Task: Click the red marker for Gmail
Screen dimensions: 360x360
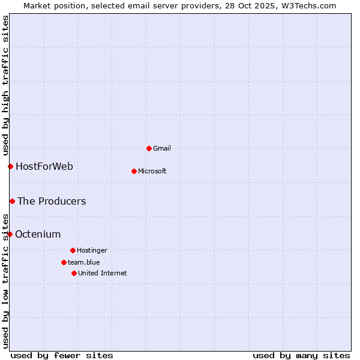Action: [x=149, y=148]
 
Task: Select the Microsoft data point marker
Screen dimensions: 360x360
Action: [x=134, y=171]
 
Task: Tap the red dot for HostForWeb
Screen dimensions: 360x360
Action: [x=10, y=166]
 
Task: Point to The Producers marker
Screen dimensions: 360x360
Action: [x=12, y=201]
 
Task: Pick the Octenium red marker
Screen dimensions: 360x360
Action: [x=10, y=234]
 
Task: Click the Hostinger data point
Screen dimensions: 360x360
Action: [x=73, y=250]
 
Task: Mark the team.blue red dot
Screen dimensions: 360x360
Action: [x=64, y=262]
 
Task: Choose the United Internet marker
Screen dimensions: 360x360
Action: [x=74, y=273]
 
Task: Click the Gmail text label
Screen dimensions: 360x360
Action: [x=162, y=148]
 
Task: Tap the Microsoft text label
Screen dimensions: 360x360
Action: [x=152, y=171]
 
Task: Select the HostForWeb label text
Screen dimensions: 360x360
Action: [x=44, y=166]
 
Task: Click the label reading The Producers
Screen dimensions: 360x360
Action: [x=52, y=201]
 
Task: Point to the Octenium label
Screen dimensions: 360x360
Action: [x=38, y=234]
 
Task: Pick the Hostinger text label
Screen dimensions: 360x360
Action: [x=92, y=250]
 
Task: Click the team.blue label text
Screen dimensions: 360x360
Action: [x=84, y=262]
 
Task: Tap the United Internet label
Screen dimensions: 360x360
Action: [x=103, y=273]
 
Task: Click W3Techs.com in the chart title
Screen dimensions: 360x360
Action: [x=308, y=5]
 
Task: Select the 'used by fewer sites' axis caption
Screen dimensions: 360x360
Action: [x=62, y=355]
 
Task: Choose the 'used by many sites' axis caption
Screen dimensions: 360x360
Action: [x=301, y=355]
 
